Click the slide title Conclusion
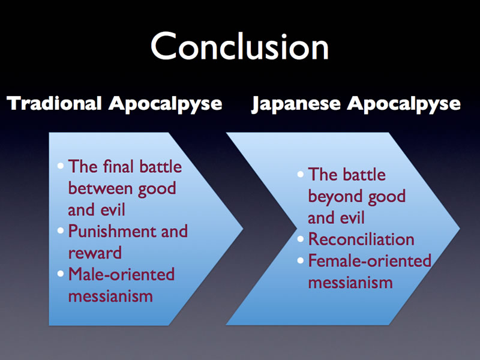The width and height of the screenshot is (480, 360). tap(239, 47)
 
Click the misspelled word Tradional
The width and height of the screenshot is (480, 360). tap(54, 103)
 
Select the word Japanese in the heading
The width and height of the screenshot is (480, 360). tap(296, 104)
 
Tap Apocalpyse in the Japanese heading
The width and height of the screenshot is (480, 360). tap(404, 104)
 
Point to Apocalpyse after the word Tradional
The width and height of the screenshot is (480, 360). tap(166, 104)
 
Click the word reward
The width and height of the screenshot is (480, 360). tap(95, 253)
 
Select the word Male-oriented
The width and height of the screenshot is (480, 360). tap(121, 274)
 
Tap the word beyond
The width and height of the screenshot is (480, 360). tap(335, 197)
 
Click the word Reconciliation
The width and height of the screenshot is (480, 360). tap(361, 239)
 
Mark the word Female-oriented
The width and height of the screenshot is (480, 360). tap(370, 260)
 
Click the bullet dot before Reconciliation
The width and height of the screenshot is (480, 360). tap(301, 239)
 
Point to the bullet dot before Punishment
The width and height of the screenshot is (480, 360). tap(61, 231)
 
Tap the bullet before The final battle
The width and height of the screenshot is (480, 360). tap(61, 166)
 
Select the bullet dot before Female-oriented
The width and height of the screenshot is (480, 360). tap(301, 260)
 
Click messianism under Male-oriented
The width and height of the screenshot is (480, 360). tap(110, 296)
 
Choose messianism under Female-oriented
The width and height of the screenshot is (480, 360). tap(350, 282)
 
